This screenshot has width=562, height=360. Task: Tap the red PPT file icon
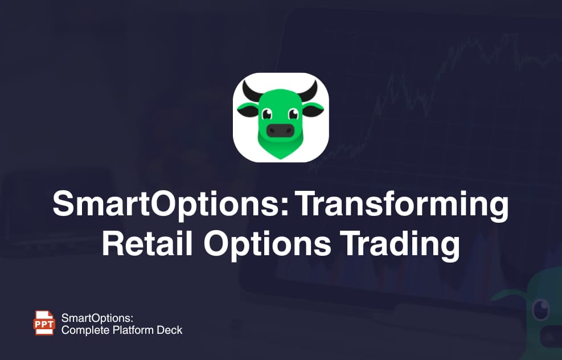click(45, 322)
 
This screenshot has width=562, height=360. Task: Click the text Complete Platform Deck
click(122, 329)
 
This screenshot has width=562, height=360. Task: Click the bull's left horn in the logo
click(251, 91)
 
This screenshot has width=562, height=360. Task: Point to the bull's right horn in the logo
click(311, 91)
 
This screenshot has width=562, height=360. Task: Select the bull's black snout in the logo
click(280, 130)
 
